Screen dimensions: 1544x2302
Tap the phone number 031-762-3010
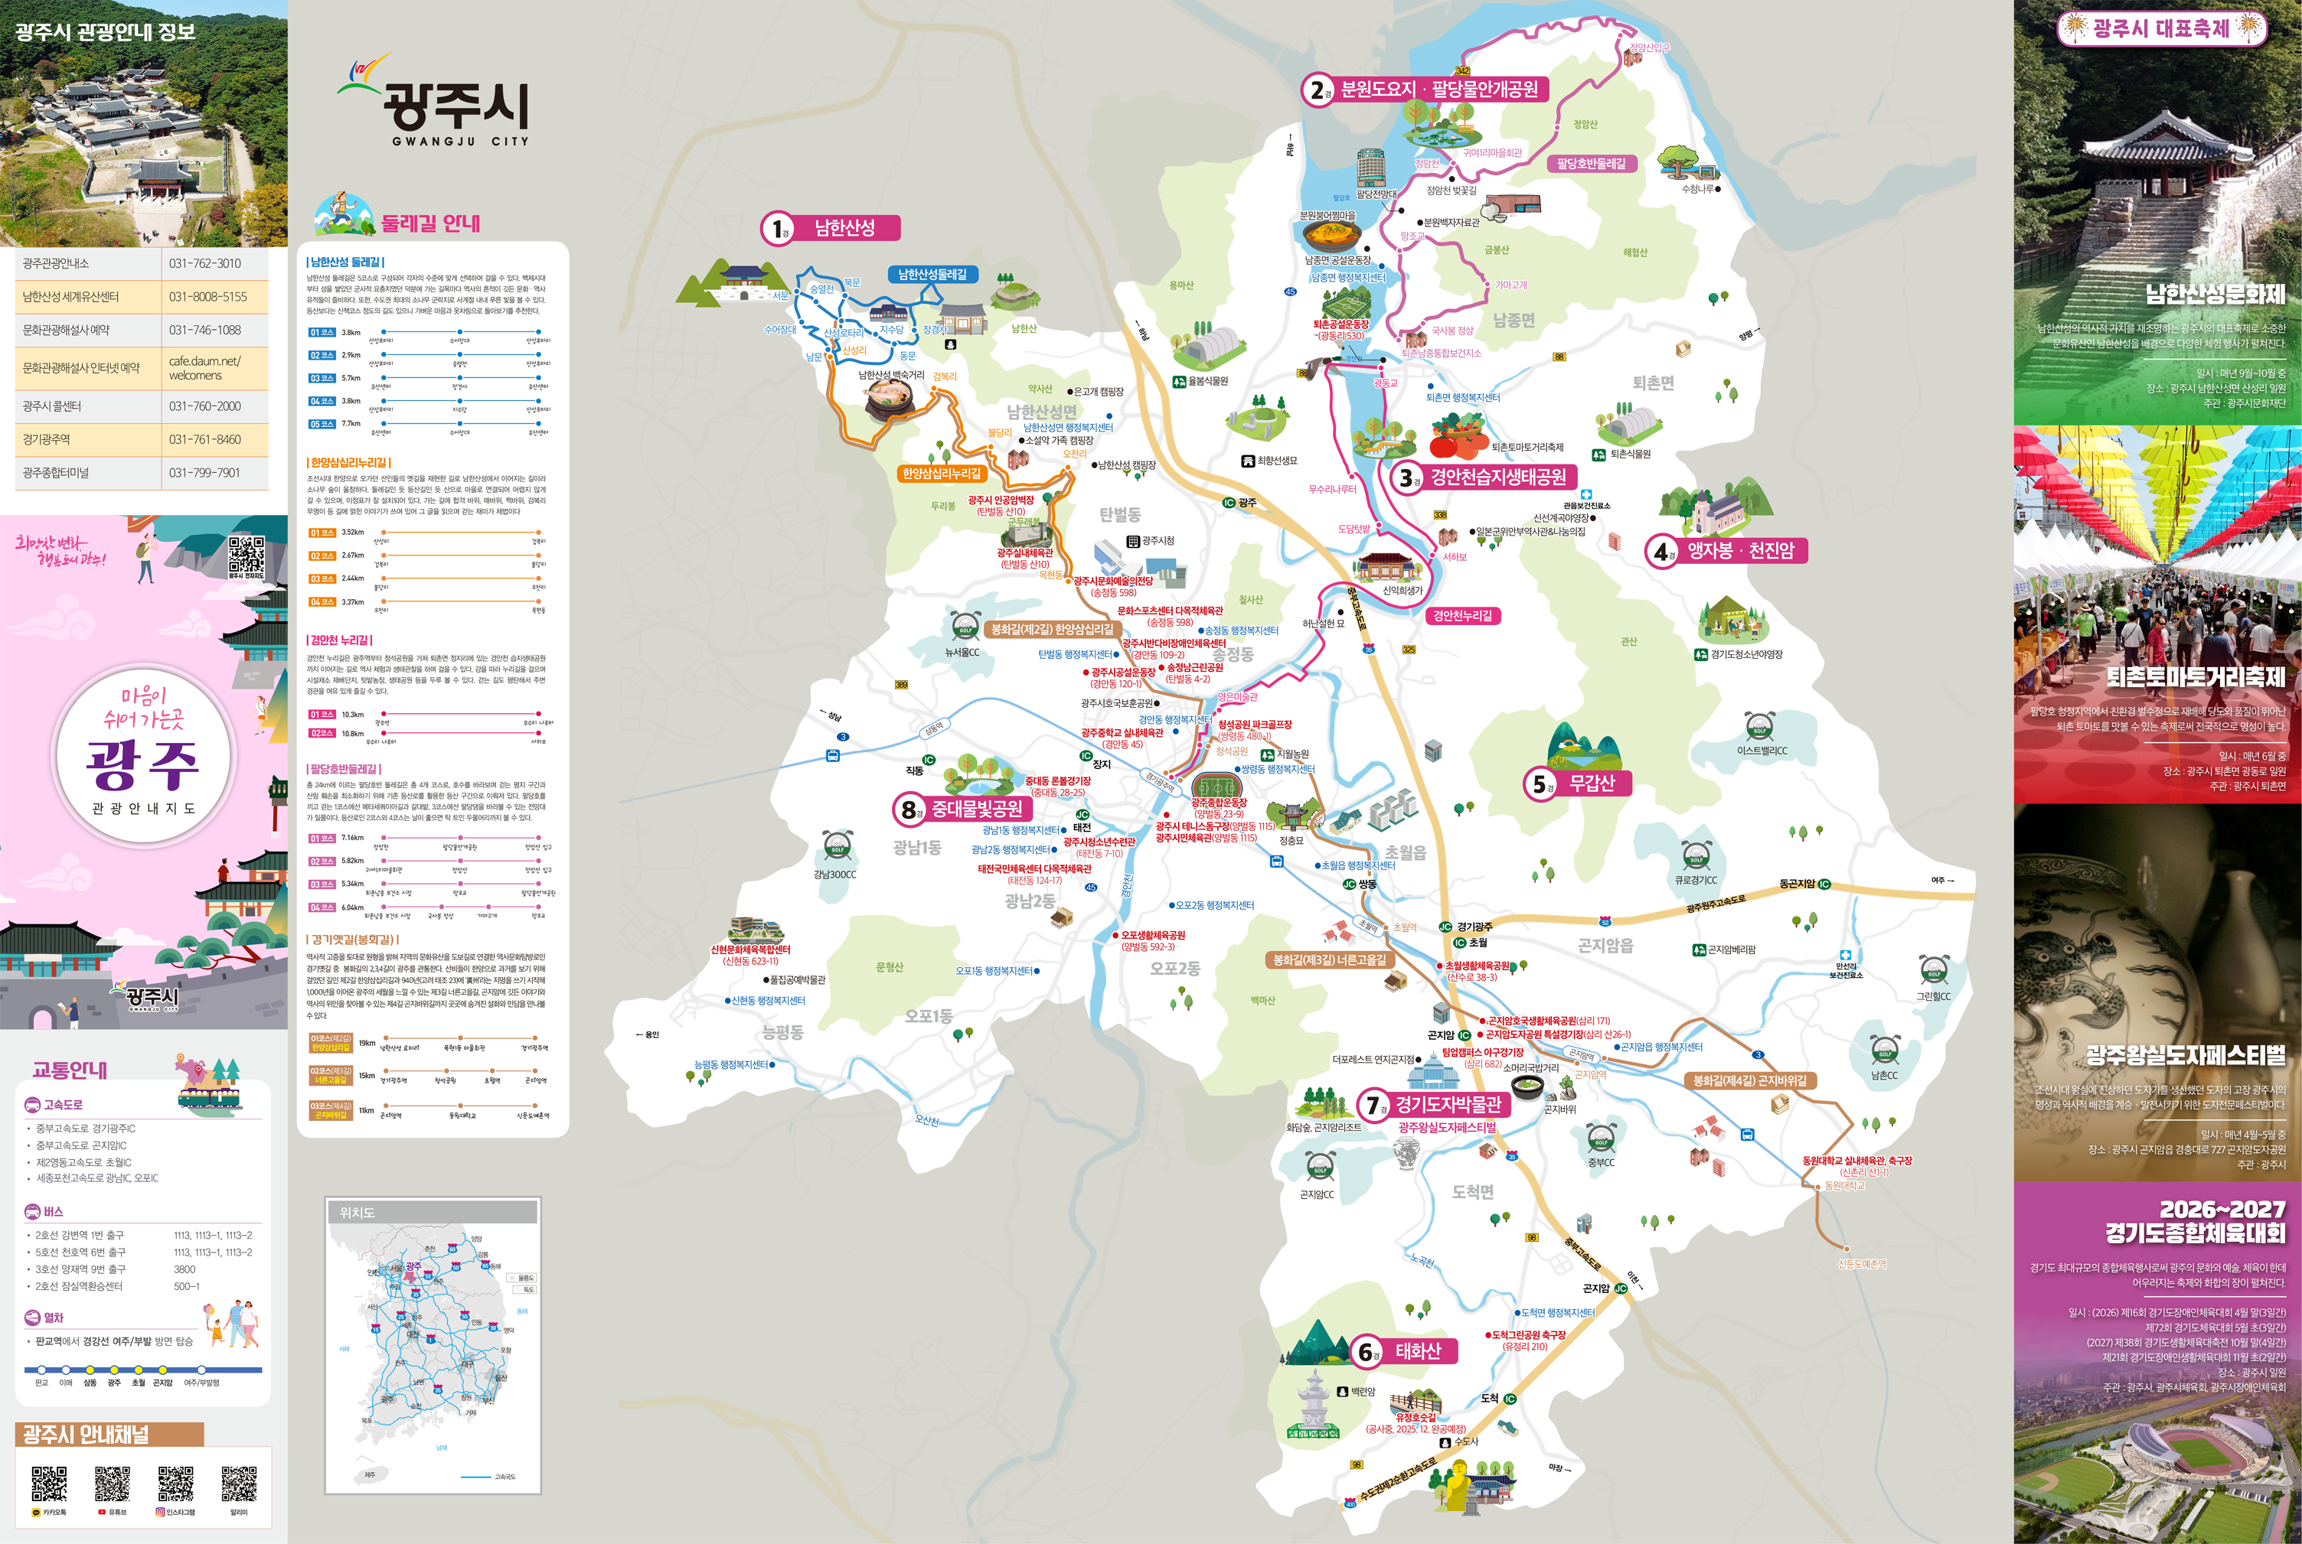point(205,264)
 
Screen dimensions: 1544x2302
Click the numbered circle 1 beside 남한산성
point(777,229)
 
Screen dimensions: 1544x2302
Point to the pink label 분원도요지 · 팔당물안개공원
point(1439,90)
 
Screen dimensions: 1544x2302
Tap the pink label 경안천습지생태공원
point(1497,477)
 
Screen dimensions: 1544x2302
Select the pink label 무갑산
point(1591,783)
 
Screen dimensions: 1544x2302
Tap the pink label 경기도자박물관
point(1447,1105)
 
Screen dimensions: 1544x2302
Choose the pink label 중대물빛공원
point(976,809)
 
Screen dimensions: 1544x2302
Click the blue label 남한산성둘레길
point(932,275)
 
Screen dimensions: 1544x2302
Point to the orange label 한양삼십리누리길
point(942,474)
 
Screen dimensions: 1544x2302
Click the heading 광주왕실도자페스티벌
point(2185,1057)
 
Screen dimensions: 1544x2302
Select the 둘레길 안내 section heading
point(430,223)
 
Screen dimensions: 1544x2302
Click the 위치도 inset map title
point(357,1212)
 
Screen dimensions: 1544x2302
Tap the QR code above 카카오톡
point(48,1484)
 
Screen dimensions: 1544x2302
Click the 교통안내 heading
point(69,1070)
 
